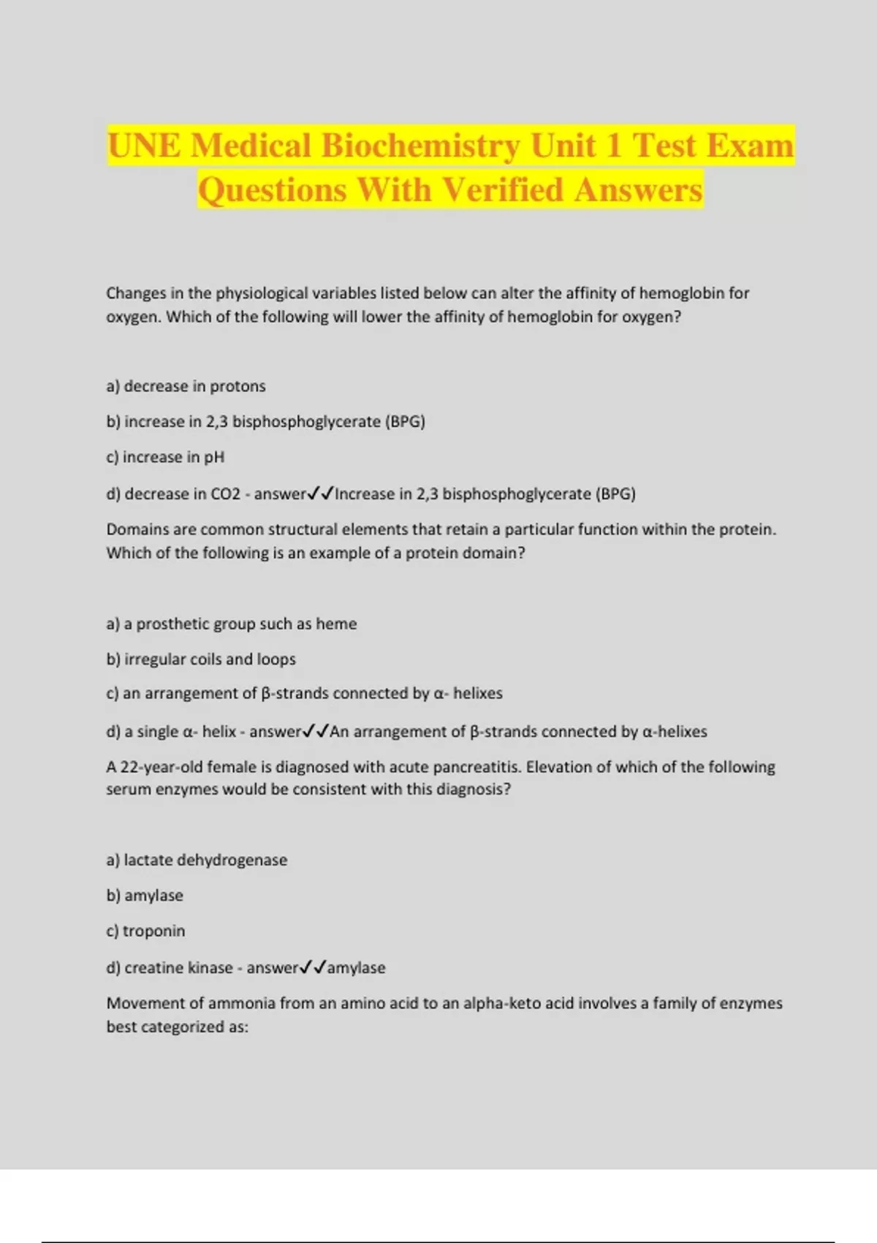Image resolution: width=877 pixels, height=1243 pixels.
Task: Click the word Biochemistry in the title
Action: pyautogui.click(x=420, y=146)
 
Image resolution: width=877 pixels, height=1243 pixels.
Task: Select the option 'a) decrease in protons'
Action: pyautogui.click(x=186, y=386)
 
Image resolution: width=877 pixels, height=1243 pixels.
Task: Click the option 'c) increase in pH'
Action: pyautogui.click(x=165, y=457)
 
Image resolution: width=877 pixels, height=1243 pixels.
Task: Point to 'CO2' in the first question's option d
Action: pyautogui.click(x=225, y=494)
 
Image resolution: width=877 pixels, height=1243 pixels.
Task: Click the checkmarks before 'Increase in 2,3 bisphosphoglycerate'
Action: pyautogui.click(x=320, y=494)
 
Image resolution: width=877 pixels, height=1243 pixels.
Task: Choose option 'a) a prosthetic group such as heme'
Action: pyautogui.click(x=231, y=624)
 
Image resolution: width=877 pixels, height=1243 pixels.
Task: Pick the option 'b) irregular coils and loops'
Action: pyautogui.click(x=201, y=659)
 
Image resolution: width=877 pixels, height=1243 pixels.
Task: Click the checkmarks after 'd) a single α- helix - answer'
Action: pyautogui.click(x=315, y=731)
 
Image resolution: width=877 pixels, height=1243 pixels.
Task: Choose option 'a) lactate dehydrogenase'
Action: pyautogui.click(x=197, y=860)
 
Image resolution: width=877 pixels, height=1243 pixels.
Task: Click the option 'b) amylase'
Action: pyautogui.click(x=145, y=896)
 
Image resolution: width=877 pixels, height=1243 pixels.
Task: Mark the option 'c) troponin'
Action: pyautogui.click(x=145, y=931)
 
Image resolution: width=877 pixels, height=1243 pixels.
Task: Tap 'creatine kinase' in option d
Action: pyautogui.click(x=178, y=968)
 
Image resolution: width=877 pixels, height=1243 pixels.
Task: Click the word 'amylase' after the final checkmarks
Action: pyautogui.click(x=356, y=968)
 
